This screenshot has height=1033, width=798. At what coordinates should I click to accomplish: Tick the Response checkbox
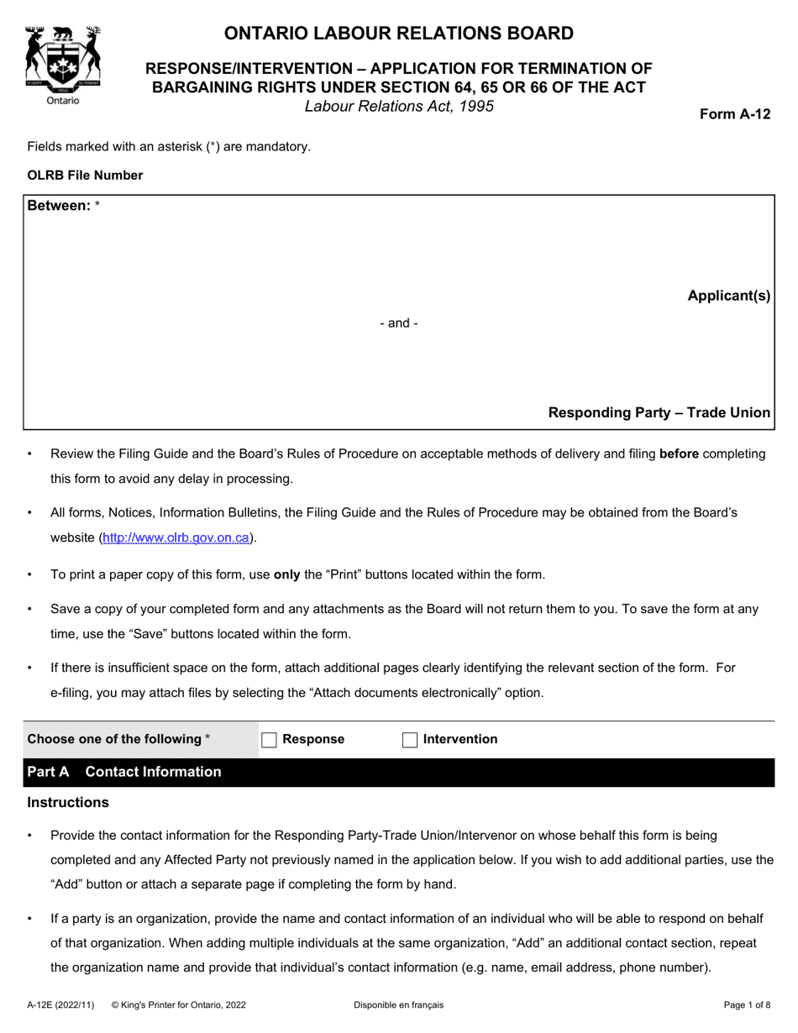pos(269,740)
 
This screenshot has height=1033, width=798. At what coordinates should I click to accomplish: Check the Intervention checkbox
pos(410,740)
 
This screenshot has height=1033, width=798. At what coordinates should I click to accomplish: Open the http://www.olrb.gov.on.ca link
pos(176,538)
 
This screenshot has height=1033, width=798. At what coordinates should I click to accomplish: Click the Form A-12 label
pos(735,115)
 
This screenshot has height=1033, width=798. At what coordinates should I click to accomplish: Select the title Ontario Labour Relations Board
pos(398,34)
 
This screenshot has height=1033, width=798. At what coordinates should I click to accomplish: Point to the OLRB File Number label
pos(85,176)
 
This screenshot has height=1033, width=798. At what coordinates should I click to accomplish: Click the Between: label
pos(60,206)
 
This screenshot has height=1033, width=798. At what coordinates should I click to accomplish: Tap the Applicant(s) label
pos(728,296)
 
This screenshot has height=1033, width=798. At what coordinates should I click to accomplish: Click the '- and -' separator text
pos(399,323)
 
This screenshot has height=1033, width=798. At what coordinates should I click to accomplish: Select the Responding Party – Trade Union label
pos(659,412)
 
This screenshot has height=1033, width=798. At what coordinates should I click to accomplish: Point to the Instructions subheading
pos(68,803)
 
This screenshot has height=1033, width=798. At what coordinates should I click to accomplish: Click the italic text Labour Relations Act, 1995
pos(399,107)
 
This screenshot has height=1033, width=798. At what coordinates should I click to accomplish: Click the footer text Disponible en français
pos(398,1004)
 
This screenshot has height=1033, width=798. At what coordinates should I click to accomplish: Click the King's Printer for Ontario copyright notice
pos(178,1004)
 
